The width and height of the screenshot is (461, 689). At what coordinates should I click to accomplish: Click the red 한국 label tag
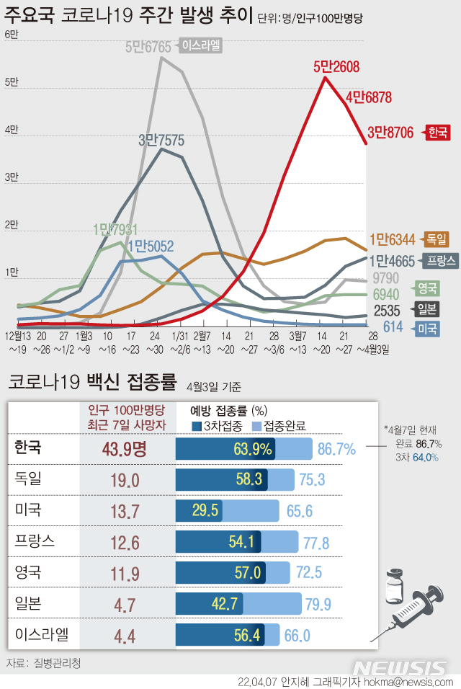[438, 132]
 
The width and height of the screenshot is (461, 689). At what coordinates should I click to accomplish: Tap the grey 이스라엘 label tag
[202, 47]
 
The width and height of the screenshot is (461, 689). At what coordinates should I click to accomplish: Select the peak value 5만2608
[336, 67]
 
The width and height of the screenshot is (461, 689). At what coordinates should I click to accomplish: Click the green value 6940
[386, 294]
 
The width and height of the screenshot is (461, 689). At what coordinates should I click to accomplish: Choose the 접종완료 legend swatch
[257, 425]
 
